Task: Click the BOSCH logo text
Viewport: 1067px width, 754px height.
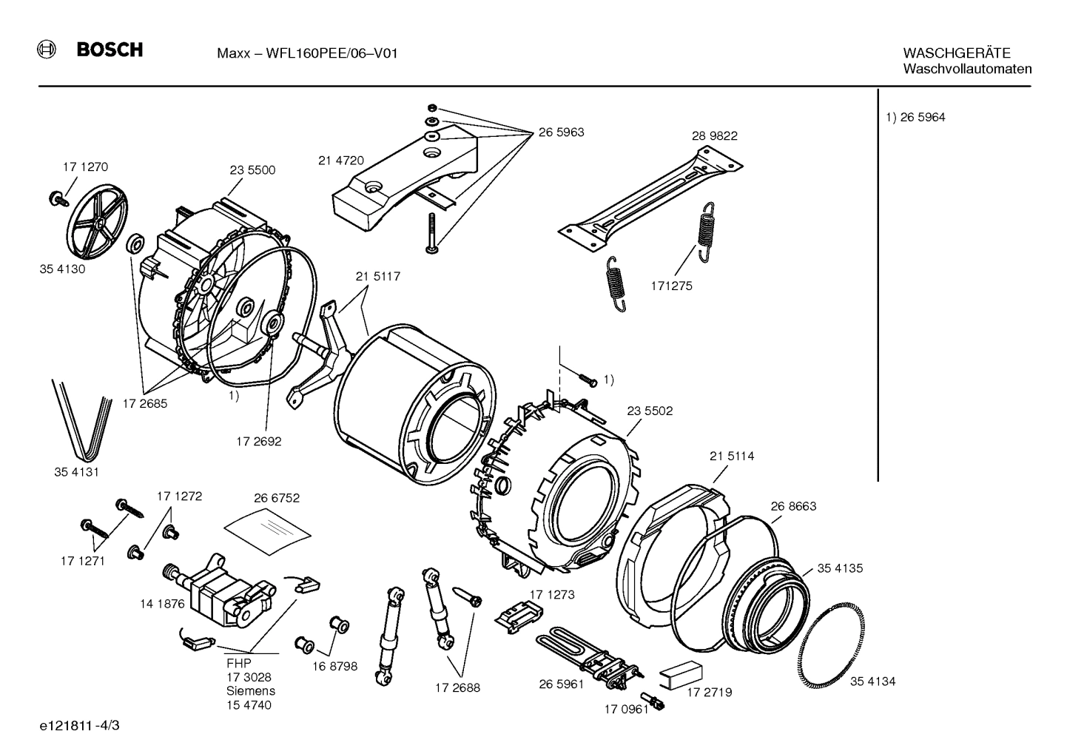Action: tap(110, 50)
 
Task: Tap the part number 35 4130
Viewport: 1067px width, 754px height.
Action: tap(62, 269)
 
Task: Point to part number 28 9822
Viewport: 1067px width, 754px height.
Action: tap(715, 136)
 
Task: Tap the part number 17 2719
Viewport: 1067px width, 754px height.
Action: tap(709, 693)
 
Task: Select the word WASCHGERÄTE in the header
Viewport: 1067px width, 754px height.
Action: tap(956, 53)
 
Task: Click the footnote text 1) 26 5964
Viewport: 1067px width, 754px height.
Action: tap(915, 118)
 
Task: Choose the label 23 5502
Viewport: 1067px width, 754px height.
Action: tap(650, 411)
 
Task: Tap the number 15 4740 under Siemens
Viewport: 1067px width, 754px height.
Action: tap(249, 705)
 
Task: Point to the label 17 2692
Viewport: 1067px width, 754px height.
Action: tap(259, 442)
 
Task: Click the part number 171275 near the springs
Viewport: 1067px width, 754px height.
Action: tap(672, 286)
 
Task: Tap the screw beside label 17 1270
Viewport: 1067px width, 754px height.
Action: tap(57, 198)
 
